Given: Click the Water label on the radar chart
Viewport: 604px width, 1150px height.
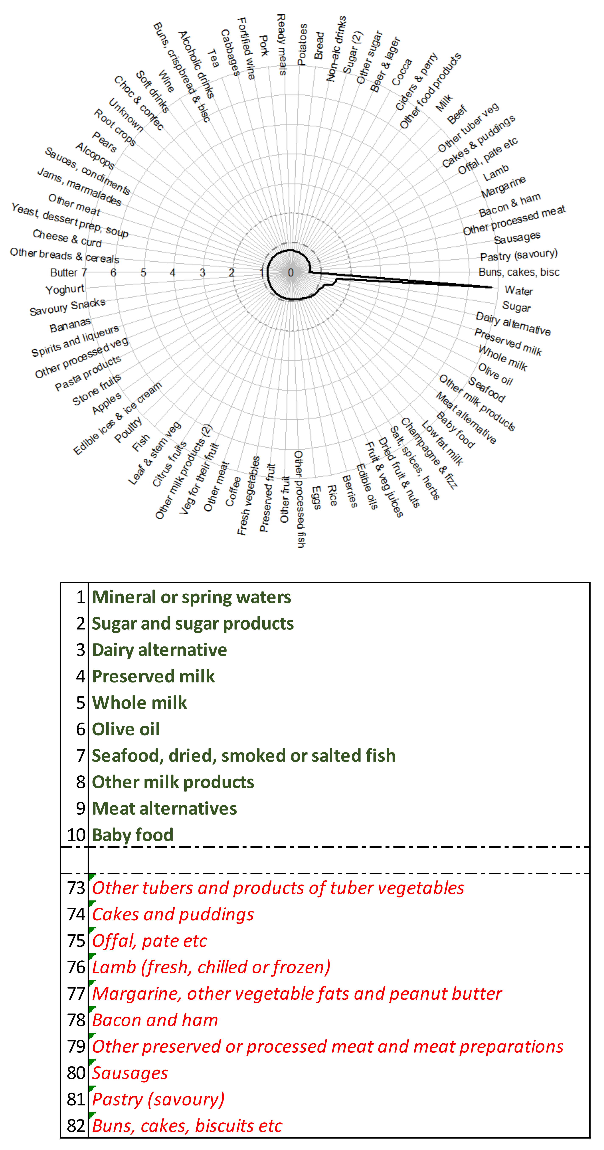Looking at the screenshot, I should tap(519, 291).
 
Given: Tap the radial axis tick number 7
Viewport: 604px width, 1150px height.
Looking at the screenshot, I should tap(84, 272).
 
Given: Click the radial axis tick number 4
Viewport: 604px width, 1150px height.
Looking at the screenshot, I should tap(173, 272).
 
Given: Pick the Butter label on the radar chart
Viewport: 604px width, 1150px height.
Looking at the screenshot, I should tap(64, 272).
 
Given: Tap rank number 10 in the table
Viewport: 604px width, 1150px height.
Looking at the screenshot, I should tap(76, 835).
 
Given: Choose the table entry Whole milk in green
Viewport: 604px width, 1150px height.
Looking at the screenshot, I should tap(139, 703).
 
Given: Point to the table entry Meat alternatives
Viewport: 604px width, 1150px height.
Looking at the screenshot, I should tap(164, 808).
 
